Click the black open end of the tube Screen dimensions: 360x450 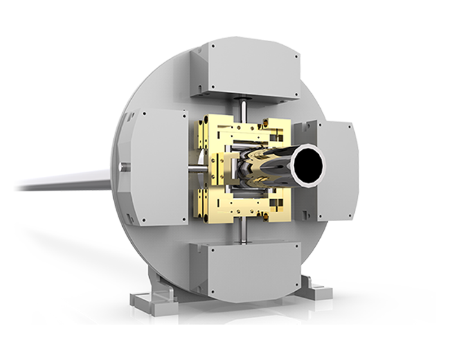pyautogui.click(x=307, y=164)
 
